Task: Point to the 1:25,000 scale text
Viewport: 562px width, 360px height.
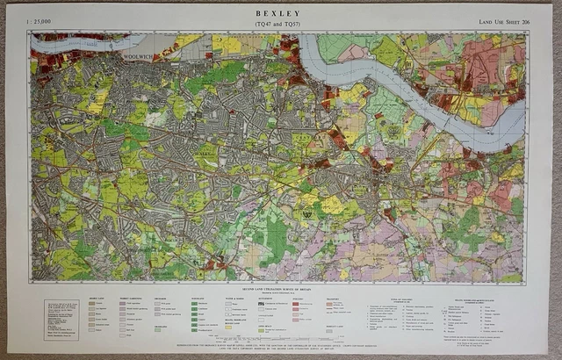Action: (42, 19)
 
